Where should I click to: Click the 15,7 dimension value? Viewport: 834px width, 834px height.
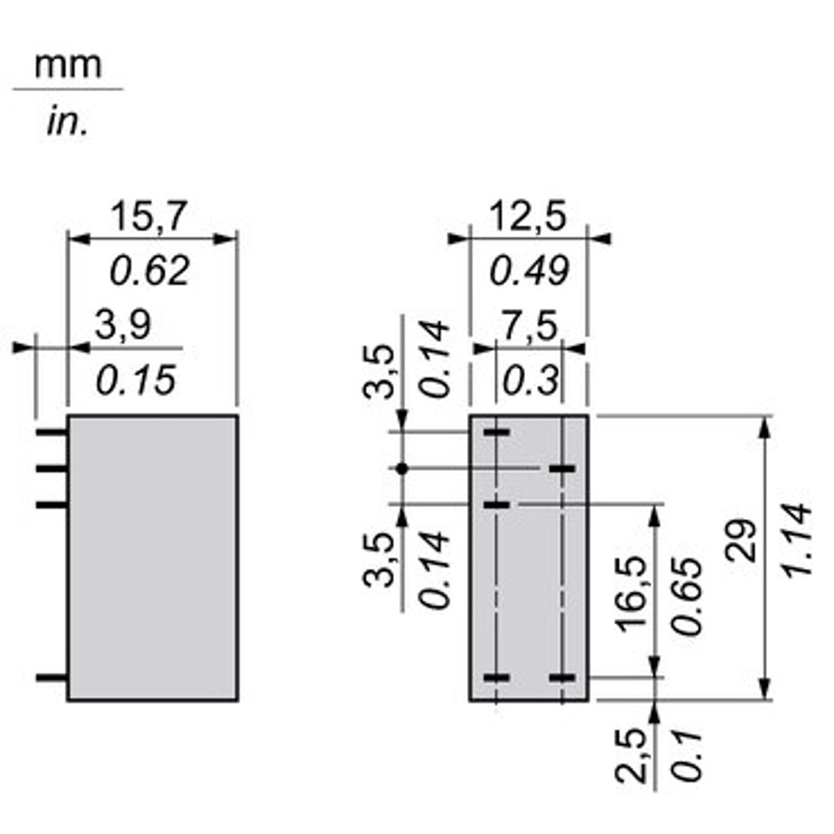pyautogui.click(x=149, y=216)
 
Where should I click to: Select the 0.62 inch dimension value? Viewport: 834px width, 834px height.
pyautogui.click(x=149, y=270)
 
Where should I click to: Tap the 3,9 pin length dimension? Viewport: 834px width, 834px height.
pyautogui.click(x=123, y=325)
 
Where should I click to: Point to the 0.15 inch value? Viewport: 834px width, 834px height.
pyautogui.click(x=136, y=380)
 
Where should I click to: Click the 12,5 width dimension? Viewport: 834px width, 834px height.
pyautogui.click(x=528, y=216)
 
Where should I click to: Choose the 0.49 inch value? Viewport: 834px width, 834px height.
pyautogui.click(x=529, y=270)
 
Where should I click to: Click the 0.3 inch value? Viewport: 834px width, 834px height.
pyautogui.click(x=530, y=380)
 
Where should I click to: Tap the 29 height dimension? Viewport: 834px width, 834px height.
pyautogui.click(x=742, y=541)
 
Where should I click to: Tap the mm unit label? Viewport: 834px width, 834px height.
pyautogui.click(x=68, y=65)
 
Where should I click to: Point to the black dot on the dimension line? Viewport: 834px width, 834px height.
pyautogui.click(x=402, y=468)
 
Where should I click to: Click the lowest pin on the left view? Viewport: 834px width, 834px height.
pyautogui.click(x=52, y=678)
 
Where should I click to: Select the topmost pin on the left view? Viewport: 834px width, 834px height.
pyautogui.click(x=52, y=432)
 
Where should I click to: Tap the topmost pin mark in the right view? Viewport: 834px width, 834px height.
pyautogui.click(x=496, y=432)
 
